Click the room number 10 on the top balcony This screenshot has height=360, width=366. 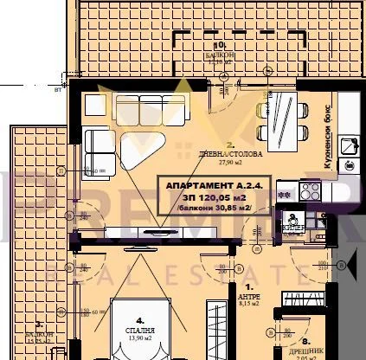220,44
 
